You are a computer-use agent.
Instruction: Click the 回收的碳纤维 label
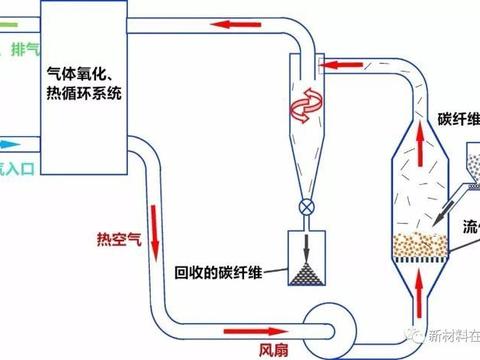tap(217, 271)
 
